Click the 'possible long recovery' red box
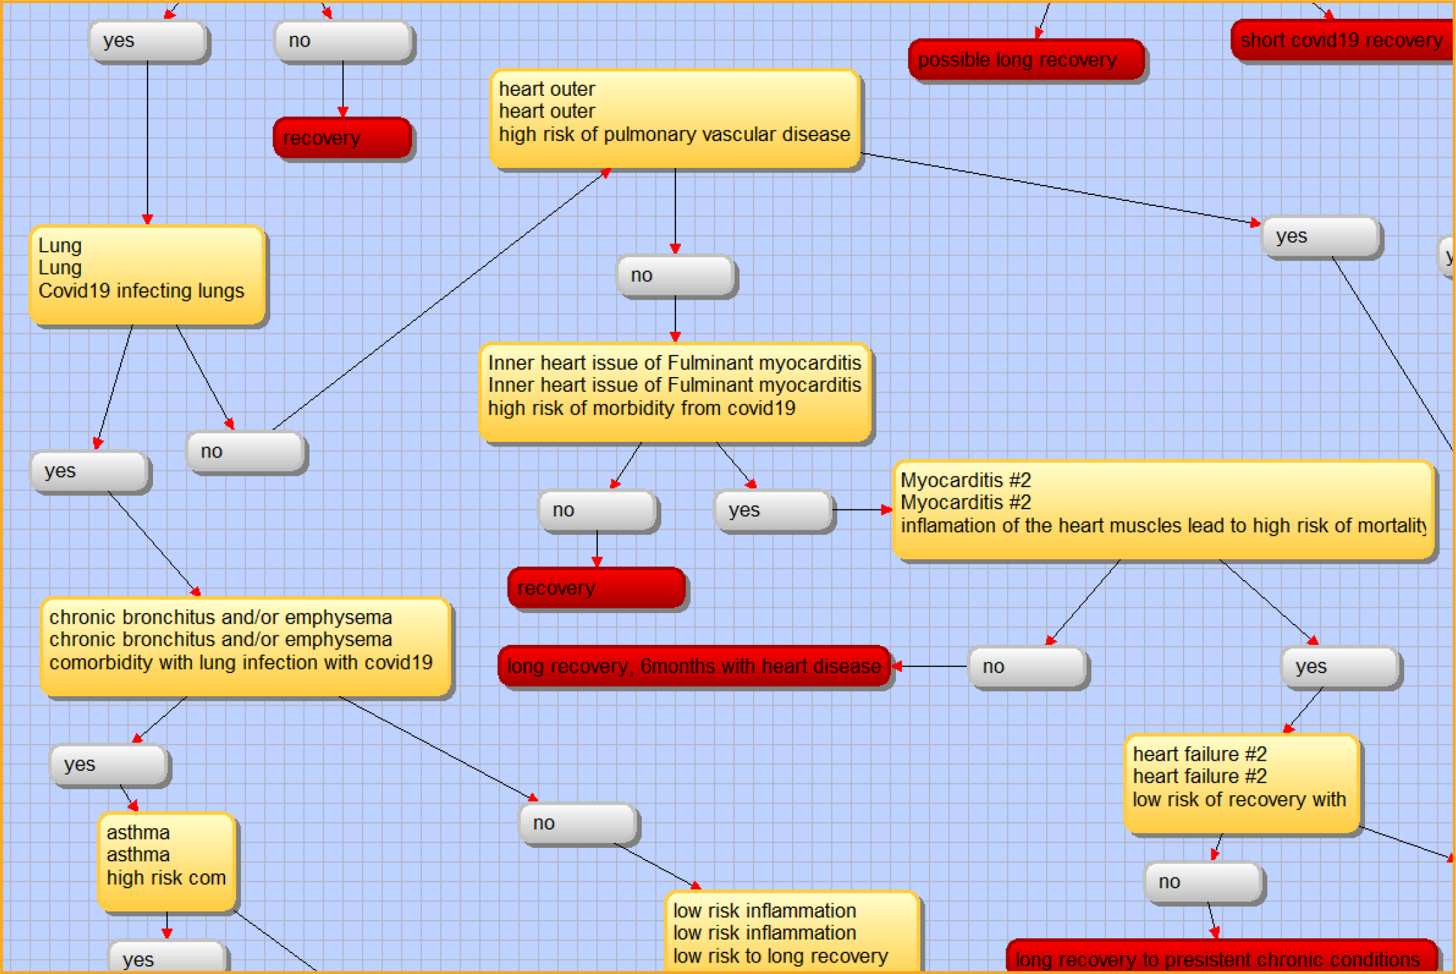tap(1026, 60)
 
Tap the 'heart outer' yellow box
tap(675, 119)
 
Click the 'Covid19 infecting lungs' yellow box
tap(147, 275)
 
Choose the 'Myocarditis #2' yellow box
tap(1163, 510)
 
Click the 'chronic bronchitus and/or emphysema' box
tap(245, 646)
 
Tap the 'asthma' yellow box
tap(166, 861)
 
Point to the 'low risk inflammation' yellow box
tap(791, 933)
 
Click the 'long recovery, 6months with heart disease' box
tap(694, 666)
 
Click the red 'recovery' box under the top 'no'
tap(342, 138)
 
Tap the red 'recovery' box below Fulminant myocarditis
tap(597, 588)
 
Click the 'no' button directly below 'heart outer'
tap(675, 275)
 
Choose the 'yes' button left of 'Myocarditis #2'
tap(774, 511)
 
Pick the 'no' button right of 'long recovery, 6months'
tap(1027, 667)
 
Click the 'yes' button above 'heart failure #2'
tap(1340, 667)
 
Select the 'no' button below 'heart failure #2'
tap(1204, 882)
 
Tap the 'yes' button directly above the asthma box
tap(109, 764)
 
